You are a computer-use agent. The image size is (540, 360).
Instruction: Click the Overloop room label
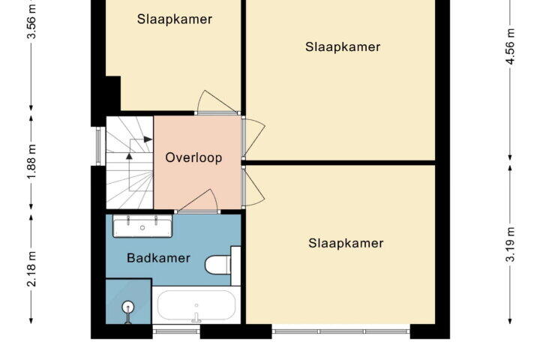click(x=193, y=157)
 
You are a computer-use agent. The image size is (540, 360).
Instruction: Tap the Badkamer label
click(x=158, y=258)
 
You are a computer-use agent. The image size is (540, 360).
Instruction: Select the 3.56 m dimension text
click(x=31, y=22)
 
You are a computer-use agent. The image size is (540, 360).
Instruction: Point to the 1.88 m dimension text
click(x=31, y=162)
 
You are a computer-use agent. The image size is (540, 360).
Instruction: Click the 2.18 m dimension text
click(x=31, y=269)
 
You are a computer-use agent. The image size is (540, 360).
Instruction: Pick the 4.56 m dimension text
click(x=510, y=46)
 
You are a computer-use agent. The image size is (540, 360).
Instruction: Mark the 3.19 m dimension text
click(x=510, y=244)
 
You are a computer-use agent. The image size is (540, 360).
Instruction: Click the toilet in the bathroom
click(x=223, y=265)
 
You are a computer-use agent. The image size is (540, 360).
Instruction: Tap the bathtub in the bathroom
click(x=196, y=305)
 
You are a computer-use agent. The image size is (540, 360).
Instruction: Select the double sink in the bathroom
click(x=142, y=226)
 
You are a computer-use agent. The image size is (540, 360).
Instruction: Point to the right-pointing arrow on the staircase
click(x=148, y=139)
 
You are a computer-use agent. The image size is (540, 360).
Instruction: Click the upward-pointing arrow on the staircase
click(x=129, y=156)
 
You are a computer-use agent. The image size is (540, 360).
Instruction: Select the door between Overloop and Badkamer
click(x=197, y=202)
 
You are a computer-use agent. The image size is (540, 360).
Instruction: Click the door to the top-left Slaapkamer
click(x=217, y=103)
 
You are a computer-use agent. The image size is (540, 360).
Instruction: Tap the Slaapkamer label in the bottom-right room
click(x=346, y=243)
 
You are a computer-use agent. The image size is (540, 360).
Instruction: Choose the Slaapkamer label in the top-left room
click(x=175, y=19)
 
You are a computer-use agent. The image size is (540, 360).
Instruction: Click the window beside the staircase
click(x=98, y=146)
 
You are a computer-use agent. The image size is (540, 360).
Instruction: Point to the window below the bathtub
click(x=176, y=331)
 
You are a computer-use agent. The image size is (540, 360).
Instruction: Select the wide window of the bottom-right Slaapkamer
click(x=341, y=331)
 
